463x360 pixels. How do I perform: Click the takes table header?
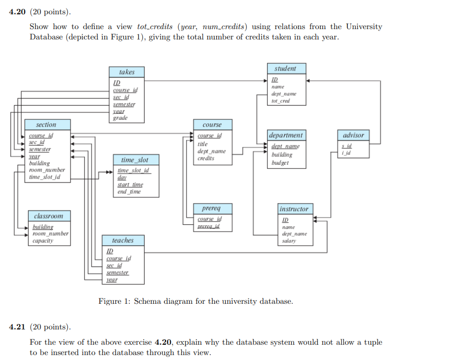pos(127,72)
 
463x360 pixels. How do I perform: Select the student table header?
pos(285,69)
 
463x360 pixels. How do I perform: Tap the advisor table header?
pos(353,135)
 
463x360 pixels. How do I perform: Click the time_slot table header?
pos(134,160)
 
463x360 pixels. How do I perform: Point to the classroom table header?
pos(48,216)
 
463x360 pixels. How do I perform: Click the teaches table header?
pos(122,240)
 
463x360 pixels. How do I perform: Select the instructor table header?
pos(294,209)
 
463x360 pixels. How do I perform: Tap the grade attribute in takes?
pos(120,118)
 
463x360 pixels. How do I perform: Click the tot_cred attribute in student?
pos(280,101)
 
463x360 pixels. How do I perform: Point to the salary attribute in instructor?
pos(289,241)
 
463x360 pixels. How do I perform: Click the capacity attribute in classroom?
pos(43,241)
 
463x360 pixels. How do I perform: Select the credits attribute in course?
pos(206,158)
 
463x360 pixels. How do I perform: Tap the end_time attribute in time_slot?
pos(129,192)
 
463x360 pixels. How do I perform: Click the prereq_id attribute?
pos(208,226)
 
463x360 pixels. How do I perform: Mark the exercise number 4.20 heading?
pos(19,12)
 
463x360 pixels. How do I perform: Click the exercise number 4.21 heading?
pos(19,327)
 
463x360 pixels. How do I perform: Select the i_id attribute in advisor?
pos(347,153)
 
